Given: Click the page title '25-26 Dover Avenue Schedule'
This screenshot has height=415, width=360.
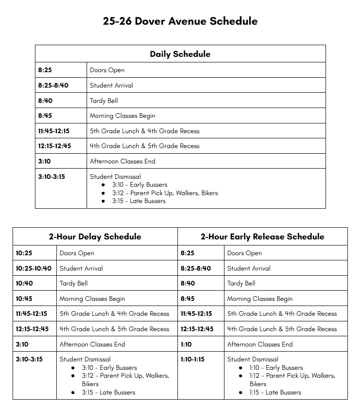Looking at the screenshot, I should tap(180, 21).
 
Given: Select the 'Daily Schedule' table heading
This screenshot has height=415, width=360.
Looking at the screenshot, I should tap(180, 54).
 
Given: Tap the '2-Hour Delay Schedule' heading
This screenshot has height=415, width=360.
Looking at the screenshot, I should tap(95, 237).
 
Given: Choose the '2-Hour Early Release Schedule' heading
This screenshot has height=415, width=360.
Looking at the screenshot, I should tap(262, 237).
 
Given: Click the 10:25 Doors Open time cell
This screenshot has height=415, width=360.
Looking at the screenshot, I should tap(24, 253).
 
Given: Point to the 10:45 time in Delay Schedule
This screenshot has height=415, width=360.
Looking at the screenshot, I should tap(24, 299).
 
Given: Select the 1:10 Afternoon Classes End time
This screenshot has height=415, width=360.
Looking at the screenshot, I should tap(187, 344).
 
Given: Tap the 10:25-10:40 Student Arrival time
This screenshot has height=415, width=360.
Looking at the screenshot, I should tap(34, 268).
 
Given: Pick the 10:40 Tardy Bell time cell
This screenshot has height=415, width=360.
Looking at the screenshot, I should tap(24, 283).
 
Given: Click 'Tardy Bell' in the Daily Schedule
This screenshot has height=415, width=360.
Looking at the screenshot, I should tap(104, 101).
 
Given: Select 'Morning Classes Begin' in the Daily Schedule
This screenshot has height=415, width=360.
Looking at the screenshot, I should tap(122, 116).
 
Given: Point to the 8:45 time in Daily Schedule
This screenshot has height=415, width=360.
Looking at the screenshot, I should tap(45, 116).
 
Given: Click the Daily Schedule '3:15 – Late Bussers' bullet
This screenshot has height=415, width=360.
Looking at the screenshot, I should tap(139, 201).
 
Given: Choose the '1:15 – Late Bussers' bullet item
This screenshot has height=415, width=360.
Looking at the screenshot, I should tap(275, 392).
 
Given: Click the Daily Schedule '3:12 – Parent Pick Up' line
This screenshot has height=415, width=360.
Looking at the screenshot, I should tap(165, 193).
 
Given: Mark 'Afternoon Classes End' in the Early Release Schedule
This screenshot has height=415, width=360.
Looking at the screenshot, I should tap(260, 344).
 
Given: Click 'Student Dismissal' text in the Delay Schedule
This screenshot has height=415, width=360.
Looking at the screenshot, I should tap(85, 359).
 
